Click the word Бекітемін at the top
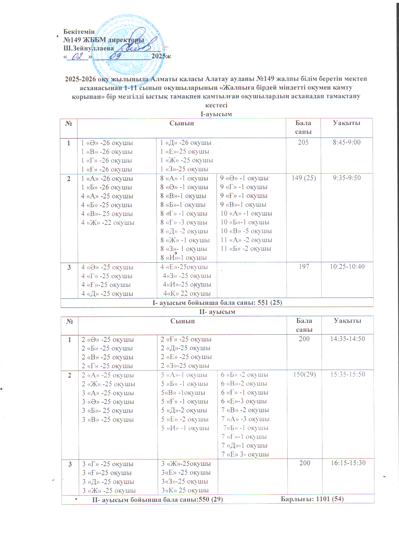click(79, 32)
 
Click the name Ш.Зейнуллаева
click(89, 49)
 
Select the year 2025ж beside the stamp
click(161, 56)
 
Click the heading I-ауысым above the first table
click(216, 114)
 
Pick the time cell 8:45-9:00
click(346, 142)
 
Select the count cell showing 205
click(303, 142)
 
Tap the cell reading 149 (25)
click(304, 178)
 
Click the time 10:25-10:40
click(347, 267)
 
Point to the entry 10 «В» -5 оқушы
click(246, 231)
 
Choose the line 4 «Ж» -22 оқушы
click(108, 223)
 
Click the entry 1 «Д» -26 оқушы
click(186, 143)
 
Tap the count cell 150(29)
click(304, 374)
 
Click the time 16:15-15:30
click(348, 463)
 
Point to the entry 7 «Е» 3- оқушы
click(245, 454)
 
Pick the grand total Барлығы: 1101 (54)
click(312, 499)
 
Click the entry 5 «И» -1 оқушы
click(185, 428)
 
